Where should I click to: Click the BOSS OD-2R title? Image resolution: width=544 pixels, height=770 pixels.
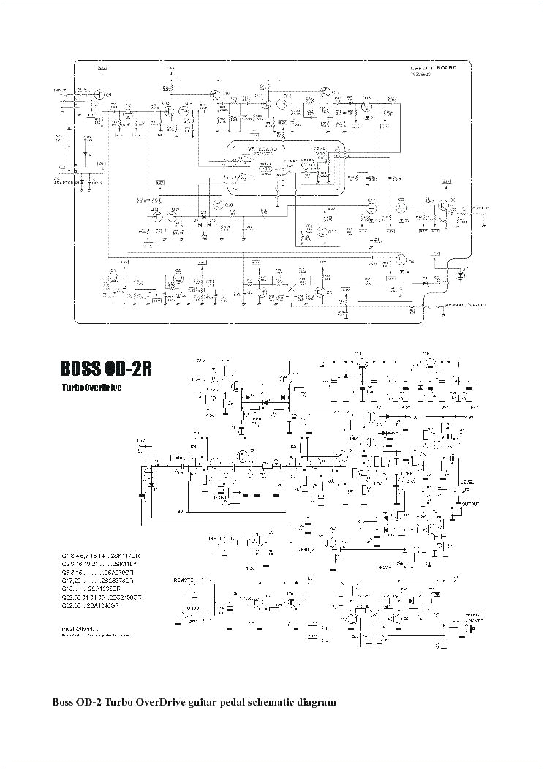tap(106, 367)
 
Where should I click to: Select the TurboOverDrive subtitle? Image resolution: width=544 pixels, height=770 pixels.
tap(91, 388)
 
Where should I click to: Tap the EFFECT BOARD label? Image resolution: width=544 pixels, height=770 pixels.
tap(433, 67)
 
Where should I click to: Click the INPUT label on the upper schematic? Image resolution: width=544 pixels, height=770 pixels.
tap(60, 91)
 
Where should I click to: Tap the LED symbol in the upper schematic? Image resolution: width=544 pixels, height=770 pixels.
tap(460, 276)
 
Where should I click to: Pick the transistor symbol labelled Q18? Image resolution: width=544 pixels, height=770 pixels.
tap(368, 105)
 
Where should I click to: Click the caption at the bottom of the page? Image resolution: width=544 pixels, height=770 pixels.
tap(194, 702)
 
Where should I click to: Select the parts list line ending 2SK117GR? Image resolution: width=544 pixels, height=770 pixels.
tap(99, 556)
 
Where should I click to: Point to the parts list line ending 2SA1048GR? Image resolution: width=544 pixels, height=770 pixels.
tap(94, 607)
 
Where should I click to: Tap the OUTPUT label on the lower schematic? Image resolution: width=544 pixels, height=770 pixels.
tap(471, 503)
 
